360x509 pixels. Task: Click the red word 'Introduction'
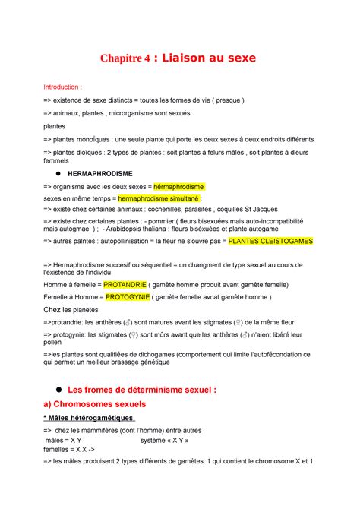pos(62,87)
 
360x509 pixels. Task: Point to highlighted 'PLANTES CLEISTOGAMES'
pos(271,241)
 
